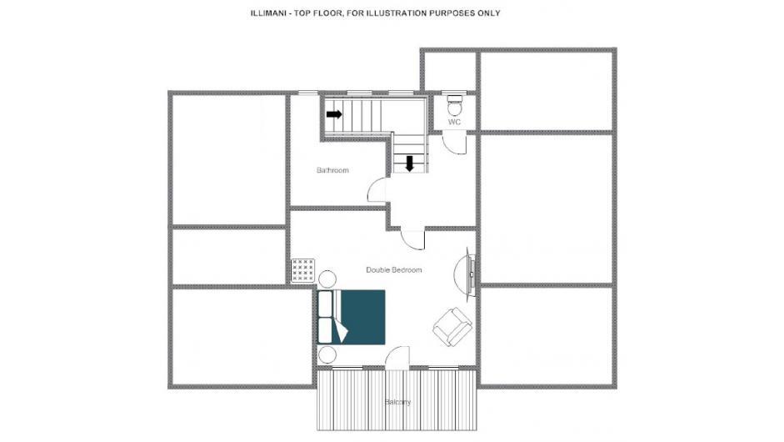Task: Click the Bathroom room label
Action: pyautogui.click(x=332, y=170)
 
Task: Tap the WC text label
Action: pyautogui.click(x=454, y=122)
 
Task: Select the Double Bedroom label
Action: pyautogui.click(x=394, y=270)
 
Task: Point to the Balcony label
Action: pyautogui.click(x=397, y=402)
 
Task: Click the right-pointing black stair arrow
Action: pyautogui.click(x=334, y=114)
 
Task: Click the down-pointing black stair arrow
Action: pyautogui.click(x=410, y=163)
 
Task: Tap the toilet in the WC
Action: pyautogui.click(x=455, y=105)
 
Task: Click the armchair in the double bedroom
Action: pyautogui.click(x=452, y=326)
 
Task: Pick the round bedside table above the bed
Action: pyautogui.click(x=327, y=279)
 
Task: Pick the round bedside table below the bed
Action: pyautogui.click(x=327, y=354)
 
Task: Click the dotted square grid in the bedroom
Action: pyautogui.click(x=303, y=271)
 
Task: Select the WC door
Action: pyautogui.click(x=455, y=143)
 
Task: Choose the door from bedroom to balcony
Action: pyautogui.click(x=397, y=358)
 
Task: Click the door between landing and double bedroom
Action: pyautogui.click(x=413, y=240)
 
